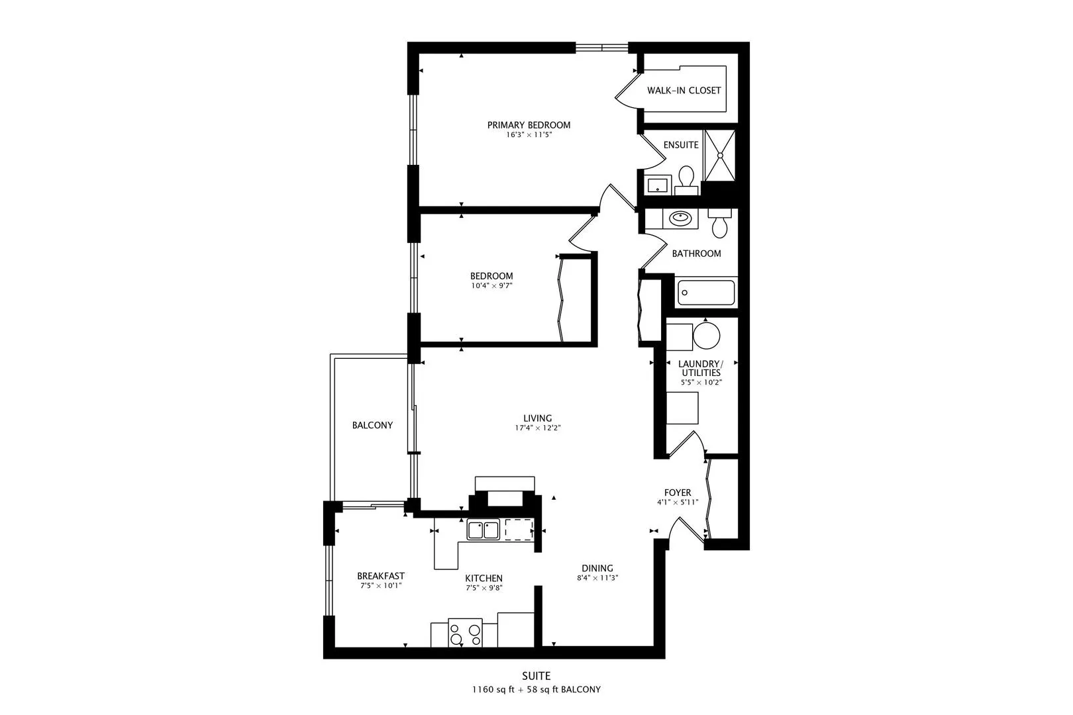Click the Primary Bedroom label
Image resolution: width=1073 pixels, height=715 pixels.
(529, 125)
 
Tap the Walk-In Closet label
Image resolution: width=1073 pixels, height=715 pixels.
(684, 90)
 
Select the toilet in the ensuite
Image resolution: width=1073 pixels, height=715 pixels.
(686, 179)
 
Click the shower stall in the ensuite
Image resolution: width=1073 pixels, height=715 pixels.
(719, 155)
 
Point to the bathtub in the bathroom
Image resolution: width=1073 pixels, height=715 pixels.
(706, 293)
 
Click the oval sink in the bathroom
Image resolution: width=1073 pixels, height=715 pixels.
(680, 218)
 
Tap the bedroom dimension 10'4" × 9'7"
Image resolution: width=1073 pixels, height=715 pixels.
(491, 286)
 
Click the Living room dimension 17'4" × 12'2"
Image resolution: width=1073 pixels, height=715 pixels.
(537, 428)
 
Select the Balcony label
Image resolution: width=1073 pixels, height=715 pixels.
(372, 425)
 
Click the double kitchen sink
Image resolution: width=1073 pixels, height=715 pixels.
(483, 530)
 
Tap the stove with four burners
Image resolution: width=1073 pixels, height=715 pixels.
(465, 633)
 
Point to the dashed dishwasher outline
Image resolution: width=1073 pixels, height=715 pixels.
(519, 530)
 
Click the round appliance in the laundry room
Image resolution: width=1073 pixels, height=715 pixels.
(706, 336)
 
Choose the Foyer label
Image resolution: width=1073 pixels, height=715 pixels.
(678, 493)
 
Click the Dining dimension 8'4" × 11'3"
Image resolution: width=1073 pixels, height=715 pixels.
(597, 578)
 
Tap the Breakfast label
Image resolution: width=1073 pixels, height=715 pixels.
(381, 576)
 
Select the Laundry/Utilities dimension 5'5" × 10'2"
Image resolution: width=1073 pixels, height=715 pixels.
(701, 382)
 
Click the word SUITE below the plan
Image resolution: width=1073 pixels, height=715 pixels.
(536, 676)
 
